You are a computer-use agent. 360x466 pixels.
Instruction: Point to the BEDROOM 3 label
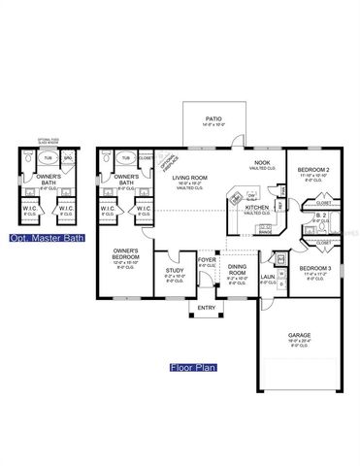[315, 267]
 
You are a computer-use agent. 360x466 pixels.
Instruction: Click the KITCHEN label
[256, 208]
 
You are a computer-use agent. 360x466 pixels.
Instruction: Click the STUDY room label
[174, 272]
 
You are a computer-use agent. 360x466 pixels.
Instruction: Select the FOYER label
[207, 259]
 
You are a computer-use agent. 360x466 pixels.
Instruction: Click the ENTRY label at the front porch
[207, 309]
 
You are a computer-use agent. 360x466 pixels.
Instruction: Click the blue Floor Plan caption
[191, 368]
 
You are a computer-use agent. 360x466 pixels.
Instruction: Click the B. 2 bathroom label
[319, 216]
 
